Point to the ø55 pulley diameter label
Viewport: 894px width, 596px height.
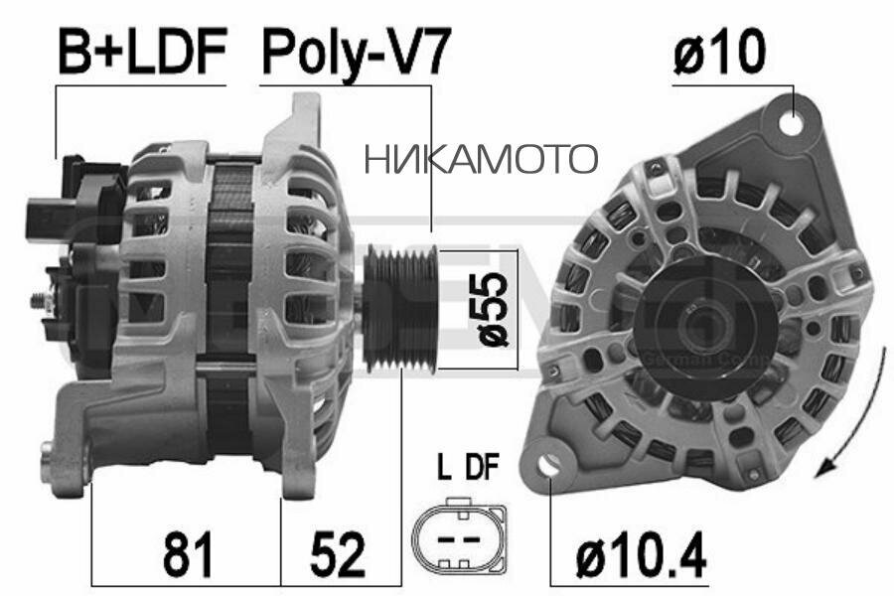[x=495, y=309]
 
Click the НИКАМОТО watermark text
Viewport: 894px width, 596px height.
[x=481, y=158]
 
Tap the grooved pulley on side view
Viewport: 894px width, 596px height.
[x=400, y=309]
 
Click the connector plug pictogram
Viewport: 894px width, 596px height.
[x=459, y=536]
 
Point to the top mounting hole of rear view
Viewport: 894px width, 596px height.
[x=792, y=123]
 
